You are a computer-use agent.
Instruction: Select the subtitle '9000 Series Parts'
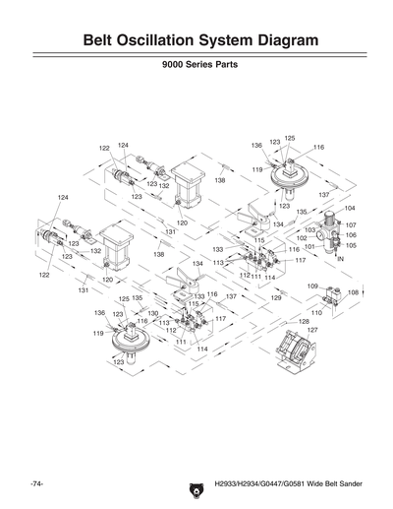(196, 75)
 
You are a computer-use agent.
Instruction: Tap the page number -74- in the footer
(38, 484)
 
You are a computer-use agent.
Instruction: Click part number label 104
(350, 209)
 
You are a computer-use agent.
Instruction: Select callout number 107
(350, 225)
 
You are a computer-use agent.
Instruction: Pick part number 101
(308, 247)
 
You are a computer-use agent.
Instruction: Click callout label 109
(311, 286)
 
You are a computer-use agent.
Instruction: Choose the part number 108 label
(353, 292)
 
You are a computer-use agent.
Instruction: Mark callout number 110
(316, 312)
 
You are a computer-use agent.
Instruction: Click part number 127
(311, 331)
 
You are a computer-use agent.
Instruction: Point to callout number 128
(304, 322)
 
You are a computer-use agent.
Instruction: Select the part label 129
(276, 296)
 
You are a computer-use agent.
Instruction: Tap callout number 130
(152, 313)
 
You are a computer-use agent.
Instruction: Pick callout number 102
(302, 238)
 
